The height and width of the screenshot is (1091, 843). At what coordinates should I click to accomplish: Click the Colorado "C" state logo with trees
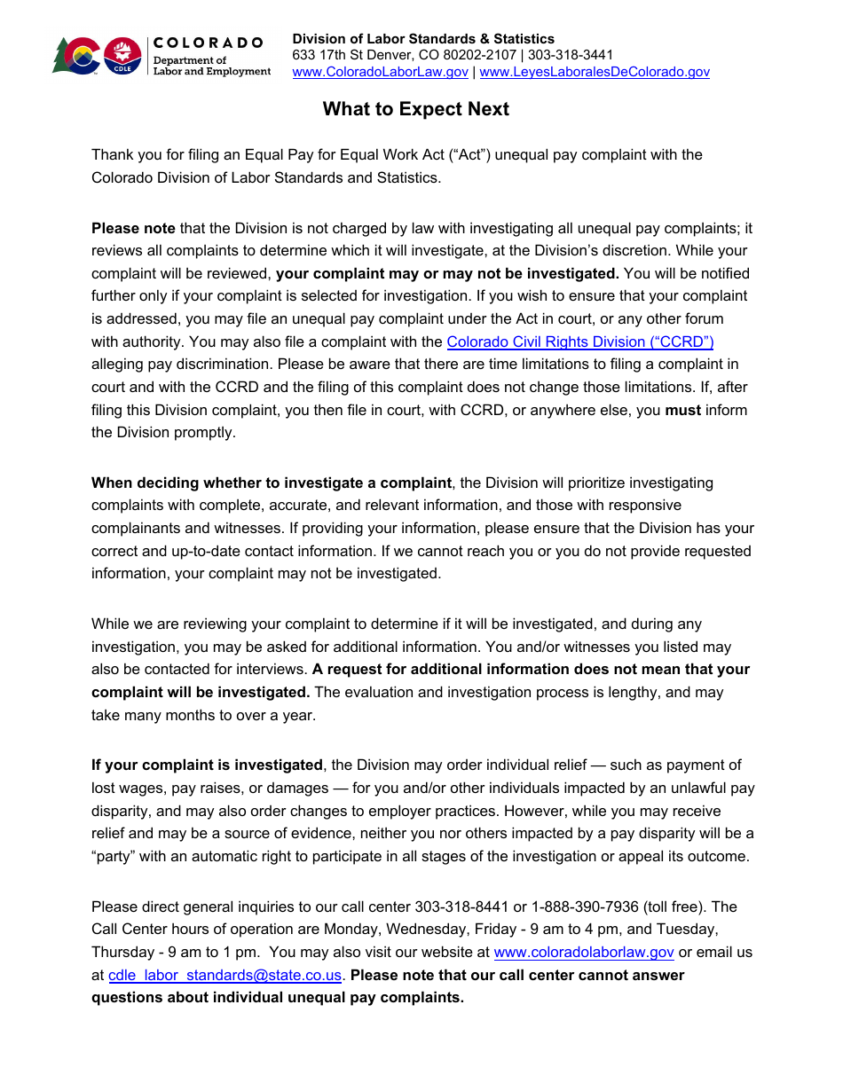click(x=76, y=56)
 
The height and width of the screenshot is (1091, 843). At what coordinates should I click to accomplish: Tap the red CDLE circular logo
click(x=122, y=56)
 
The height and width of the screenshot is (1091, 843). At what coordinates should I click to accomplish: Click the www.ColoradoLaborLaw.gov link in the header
click(x=380, y=72)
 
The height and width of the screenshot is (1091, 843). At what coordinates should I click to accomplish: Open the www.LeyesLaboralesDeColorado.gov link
click(x=594, y=72)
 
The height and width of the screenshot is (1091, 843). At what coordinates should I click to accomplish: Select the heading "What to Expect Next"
click(x=415, y=109)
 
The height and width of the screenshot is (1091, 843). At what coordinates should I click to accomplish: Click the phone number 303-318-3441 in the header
click(x=571, y=55)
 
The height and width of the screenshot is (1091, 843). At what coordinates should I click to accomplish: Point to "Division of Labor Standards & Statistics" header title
click(x=423, y=39)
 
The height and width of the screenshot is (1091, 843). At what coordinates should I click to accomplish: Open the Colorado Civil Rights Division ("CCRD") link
click(x=579, y=341)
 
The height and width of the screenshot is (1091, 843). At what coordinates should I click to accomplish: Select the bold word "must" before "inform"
click(x=682, y=410)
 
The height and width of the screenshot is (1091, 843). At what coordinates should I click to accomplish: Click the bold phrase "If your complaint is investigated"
click(x=207, y=765)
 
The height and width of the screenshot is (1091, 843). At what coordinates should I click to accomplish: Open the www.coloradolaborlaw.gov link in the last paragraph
click(x=584, y=952)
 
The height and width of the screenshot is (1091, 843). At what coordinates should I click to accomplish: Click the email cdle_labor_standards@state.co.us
click(x=225, y=975)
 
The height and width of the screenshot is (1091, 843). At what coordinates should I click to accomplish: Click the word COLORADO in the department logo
click(x=209, y=43)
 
